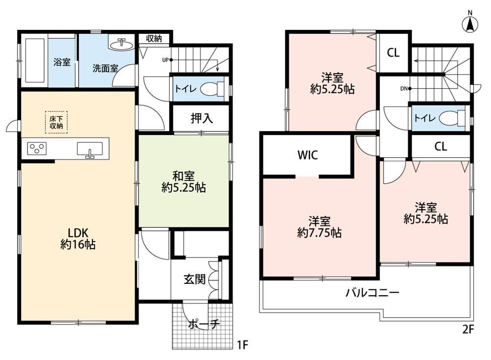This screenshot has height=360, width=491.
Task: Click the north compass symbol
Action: tap(470, 22)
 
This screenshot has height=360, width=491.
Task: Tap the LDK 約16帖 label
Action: tap(78, 238)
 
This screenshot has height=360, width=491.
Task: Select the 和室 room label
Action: tap(184, 176)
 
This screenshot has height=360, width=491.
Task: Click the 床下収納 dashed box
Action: tap(56, 122)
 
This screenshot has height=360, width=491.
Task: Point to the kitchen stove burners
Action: tap(37, 148)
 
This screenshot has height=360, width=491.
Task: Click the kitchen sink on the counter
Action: tap(90, 149)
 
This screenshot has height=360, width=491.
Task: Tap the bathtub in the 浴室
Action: tap(34, 60)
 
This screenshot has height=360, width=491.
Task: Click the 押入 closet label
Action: tap(202, 118)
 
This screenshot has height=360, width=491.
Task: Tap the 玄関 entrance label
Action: tap(194, 279)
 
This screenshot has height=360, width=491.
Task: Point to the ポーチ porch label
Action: tap(204, 324)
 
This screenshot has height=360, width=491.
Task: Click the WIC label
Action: tap(307, 155)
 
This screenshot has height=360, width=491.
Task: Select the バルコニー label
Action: tap(372, 293)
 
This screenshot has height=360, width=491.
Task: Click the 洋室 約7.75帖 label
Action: tap(319, 227)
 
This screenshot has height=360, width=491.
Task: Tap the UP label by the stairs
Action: tap(165, 60)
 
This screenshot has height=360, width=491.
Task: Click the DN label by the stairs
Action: tap(404, 89)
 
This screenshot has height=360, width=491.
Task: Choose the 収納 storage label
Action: tap(154, 38)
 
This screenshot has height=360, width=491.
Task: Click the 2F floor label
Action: tap(468, 329)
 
